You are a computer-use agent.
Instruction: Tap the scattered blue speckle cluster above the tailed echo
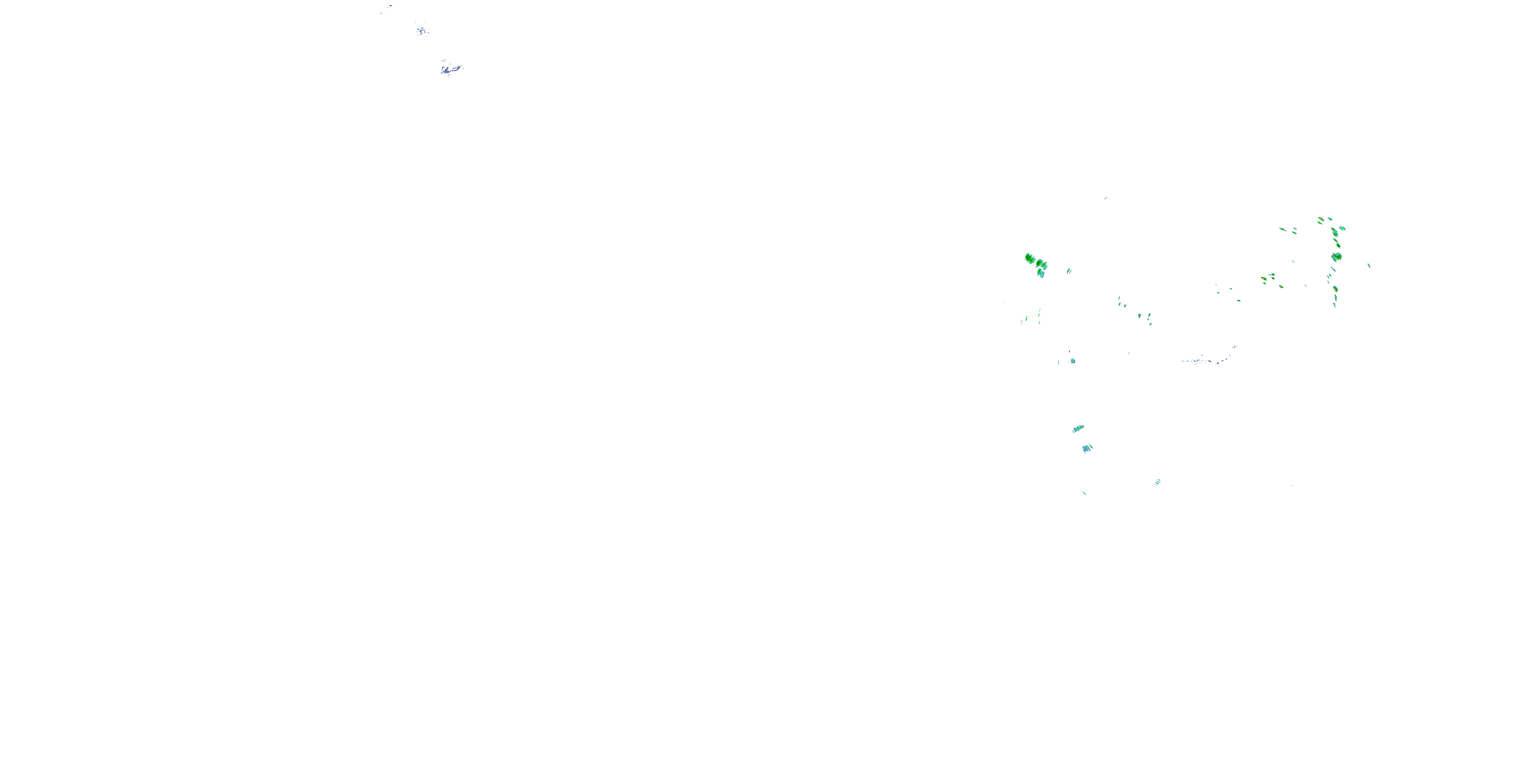422,29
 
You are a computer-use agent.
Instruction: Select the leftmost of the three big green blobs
1030,259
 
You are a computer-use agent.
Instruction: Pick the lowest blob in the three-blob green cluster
1040,273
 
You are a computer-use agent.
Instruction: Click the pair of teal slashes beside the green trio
1068,271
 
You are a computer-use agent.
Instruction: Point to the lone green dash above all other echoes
1105,198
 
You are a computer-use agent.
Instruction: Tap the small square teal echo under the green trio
1072,361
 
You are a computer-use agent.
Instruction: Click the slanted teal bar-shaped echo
1078,429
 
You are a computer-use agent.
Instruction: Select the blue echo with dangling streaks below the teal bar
1087,448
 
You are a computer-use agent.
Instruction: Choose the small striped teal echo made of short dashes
1157,482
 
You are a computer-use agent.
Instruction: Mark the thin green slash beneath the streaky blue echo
1085,493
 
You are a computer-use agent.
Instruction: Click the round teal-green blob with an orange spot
1336,257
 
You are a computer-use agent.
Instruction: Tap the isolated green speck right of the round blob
1369,266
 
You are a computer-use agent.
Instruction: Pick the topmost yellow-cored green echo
1321,220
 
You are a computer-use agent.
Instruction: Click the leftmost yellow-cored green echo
1264,278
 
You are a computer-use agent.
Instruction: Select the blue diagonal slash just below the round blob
1334,270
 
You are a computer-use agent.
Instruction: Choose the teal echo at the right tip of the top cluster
1342,228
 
